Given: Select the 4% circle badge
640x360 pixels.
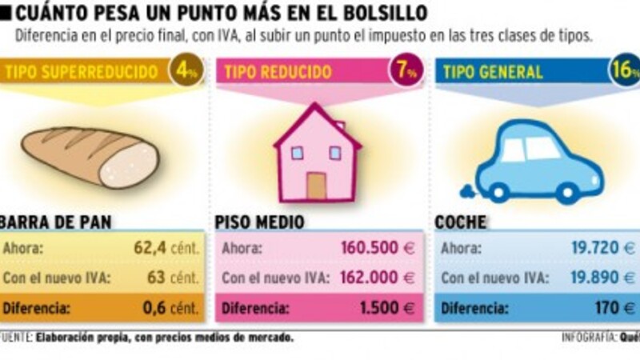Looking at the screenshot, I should coord(186,72).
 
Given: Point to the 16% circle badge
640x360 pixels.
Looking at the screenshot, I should coord(624,72).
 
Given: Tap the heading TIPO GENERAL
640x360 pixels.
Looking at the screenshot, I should coord(494,73).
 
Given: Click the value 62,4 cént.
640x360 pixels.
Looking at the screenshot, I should coord(166,248).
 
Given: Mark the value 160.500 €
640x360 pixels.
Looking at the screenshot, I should coord(377,248).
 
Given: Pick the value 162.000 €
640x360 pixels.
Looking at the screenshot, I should coord(377,278).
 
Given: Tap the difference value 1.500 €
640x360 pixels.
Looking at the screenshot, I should coord(387,307).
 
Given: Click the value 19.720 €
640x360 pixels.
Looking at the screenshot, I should coord(601,248).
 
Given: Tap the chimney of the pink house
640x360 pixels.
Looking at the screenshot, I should coord(339,126).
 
